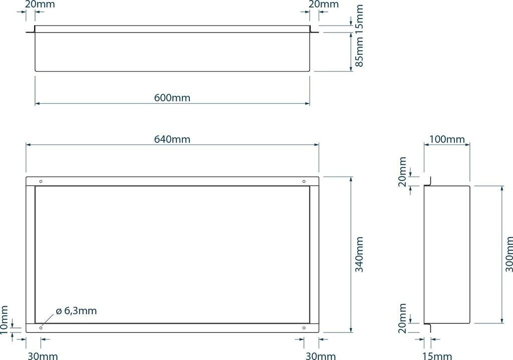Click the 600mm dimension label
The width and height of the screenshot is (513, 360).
(172, 98)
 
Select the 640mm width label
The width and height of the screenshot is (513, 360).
(172, 139)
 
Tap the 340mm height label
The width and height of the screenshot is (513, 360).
(359, 254)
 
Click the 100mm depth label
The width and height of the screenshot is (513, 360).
(447, 139)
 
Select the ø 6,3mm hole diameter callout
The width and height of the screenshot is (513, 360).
(76, 311)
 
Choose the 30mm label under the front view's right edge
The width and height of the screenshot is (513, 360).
(320, 355)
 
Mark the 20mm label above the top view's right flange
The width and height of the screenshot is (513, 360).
(323, 5)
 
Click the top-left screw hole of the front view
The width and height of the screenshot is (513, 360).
(41, 181)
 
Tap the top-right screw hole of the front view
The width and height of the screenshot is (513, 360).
(304, 181)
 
